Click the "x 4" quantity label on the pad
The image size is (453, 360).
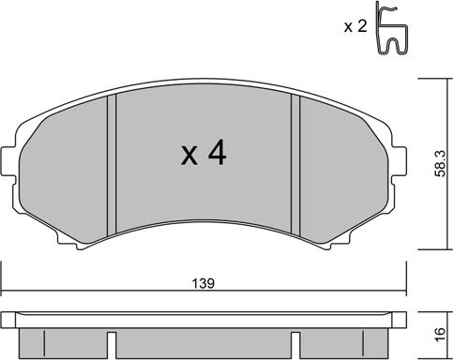click(x=203, y=154)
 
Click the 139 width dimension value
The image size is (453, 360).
click(x=203, y=282)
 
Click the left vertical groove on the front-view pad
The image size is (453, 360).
click(x=111, y=163)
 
